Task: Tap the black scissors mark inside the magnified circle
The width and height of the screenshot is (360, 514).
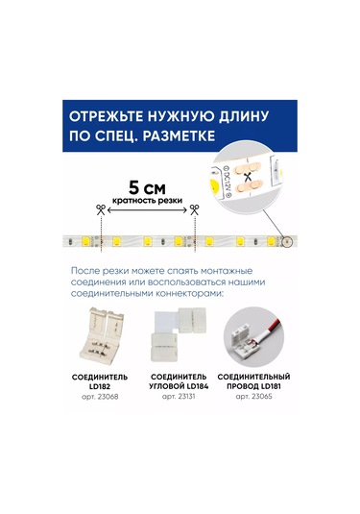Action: pos(252,178)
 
